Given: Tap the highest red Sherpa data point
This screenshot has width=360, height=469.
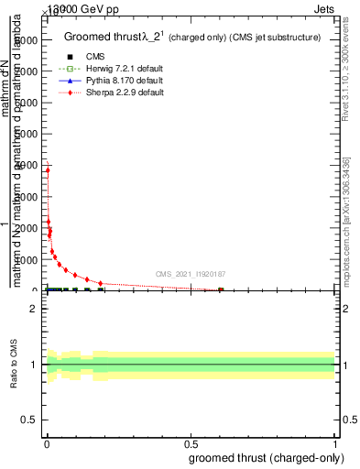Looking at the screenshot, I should coord(48,169).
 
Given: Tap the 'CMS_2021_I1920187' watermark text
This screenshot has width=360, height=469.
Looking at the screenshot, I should coord(191,273).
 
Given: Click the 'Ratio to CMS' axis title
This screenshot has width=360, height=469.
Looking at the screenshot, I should coord(15,364).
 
